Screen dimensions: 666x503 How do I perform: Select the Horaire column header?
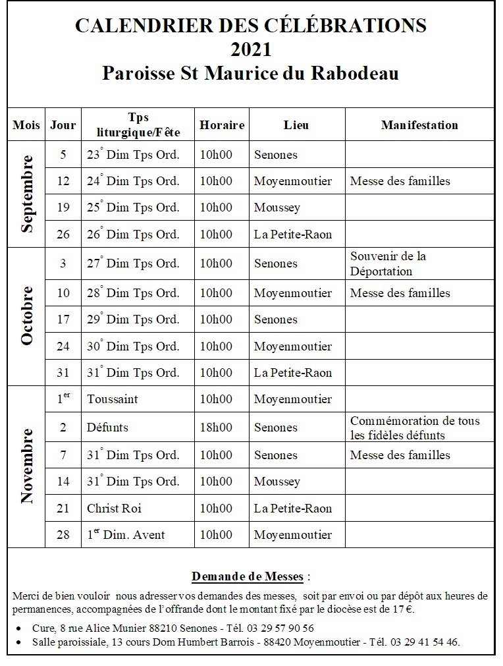tap(222, 125)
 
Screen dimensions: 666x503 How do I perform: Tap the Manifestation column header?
tap(419, 125)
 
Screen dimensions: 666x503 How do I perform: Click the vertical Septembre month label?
tap(26, 194)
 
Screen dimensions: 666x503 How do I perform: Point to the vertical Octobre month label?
tap(26, 316)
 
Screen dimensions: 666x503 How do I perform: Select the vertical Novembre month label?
tap(26, 466)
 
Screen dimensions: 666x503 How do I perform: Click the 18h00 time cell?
tap(216, 428)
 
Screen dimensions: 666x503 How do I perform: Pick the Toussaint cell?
tap(113, 399)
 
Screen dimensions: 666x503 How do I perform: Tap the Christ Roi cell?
tap(114, 508)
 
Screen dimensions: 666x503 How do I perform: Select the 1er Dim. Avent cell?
tap(126, 534)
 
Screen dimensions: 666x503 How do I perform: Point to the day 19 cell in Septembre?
tap(63, 208)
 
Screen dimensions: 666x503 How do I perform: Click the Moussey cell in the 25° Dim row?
tap(277, 208)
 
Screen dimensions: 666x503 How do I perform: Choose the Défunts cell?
tap(107, 428)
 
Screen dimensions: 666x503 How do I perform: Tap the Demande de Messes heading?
tap(248, 576)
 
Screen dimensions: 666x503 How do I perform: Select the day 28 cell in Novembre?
tap(63, 534)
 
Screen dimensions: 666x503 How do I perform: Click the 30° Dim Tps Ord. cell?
tap(133, 347)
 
